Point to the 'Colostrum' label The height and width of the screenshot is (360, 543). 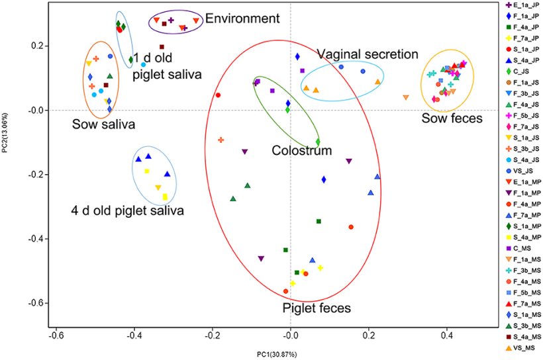301,150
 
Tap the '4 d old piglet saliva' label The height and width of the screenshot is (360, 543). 127,210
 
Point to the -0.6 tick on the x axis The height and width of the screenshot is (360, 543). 56,336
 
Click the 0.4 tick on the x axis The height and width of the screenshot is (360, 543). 448,336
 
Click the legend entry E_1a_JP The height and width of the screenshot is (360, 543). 523,5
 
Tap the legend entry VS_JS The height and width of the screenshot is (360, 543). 523,169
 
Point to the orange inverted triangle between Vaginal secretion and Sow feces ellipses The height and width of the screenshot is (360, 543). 406,97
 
